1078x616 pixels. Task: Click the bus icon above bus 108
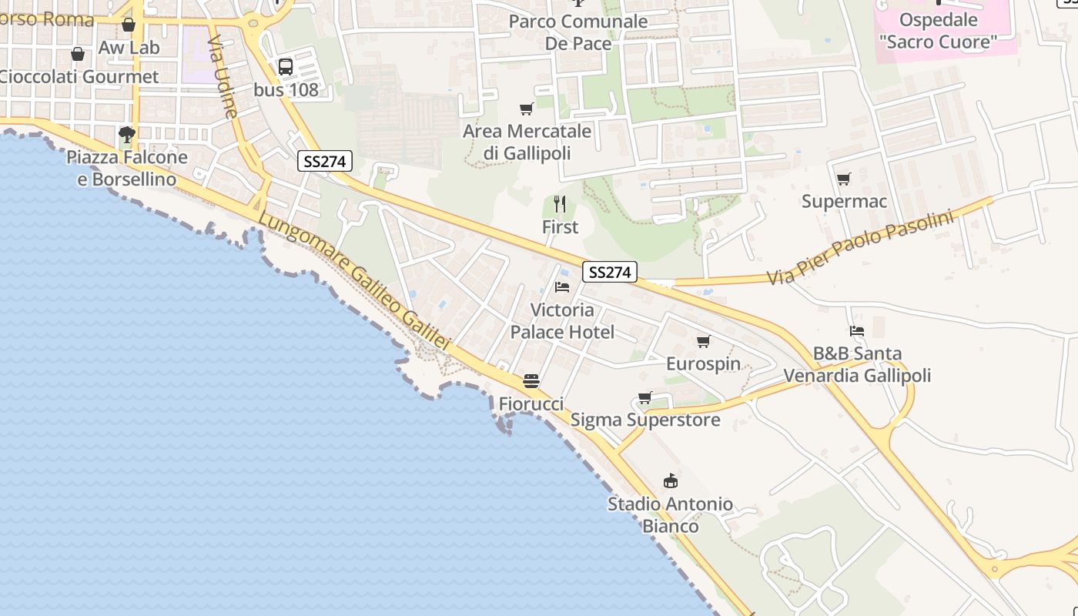pos(286,67)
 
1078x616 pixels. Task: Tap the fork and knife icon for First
pos(560,204)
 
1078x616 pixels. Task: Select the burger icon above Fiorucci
pos(531,380)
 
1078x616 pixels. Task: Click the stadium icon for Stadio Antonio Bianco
pos(671,481)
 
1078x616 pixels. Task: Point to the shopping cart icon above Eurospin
pos(703,341)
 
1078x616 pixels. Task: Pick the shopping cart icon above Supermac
pos(844,179)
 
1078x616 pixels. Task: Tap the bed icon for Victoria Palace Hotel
pos(562,287)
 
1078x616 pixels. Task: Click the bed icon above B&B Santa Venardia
pos(857,331)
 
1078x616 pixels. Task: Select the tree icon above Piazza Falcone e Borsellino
pos(127,136)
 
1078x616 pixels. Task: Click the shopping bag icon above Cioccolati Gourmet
pos(78,54)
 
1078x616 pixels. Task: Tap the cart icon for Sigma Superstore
pos(644,397)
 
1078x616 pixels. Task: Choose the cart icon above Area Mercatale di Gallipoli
pos(527,109)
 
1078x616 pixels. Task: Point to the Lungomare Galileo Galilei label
pos(353,280)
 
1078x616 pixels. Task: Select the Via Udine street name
pos(223,76)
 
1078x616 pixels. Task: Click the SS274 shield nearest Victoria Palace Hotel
pos(609,272)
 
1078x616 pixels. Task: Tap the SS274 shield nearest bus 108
pos(325,161)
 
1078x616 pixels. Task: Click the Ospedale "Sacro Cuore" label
pos(938,31)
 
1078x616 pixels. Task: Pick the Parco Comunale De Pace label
pos(577,32)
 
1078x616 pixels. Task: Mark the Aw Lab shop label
pos(129,48)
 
